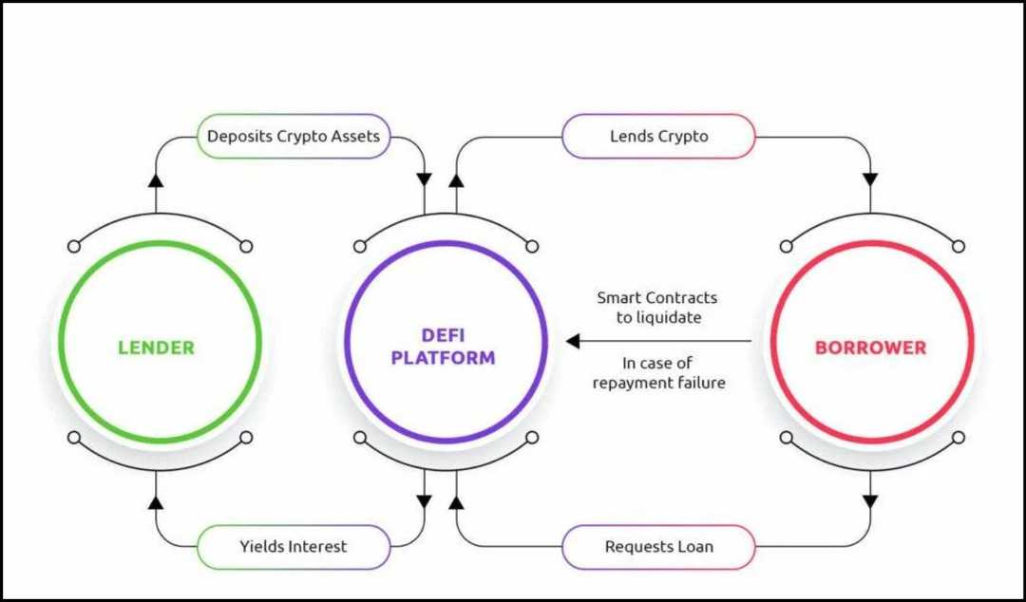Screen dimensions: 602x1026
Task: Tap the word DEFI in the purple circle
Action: (x=445, y=335)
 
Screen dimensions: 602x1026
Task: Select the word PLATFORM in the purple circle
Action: (x=444, y=359)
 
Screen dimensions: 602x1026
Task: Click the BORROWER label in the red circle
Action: (x=870, y=348)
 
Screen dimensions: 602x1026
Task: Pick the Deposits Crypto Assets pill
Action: (x=294, y=137)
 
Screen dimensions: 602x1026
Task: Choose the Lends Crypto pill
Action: (x=658, y=137)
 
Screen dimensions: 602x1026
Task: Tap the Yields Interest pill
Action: (x=293, y=547)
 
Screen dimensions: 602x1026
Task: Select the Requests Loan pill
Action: (x=658, y=547)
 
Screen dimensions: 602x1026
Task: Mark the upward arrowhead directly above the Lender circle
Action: (x=156, y=179)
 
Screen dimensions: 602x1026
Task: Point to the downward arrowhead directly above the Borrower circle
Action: (x=870, y=179)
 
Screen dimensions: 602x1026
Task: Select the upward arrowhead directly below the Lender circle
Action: (x=156, y=501)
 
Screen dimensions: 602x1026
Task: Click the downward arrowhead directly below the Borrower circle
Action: (x=870, y=501)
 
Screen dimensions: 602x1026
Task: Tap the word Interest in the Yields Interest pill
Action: (x=314, y=547)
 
